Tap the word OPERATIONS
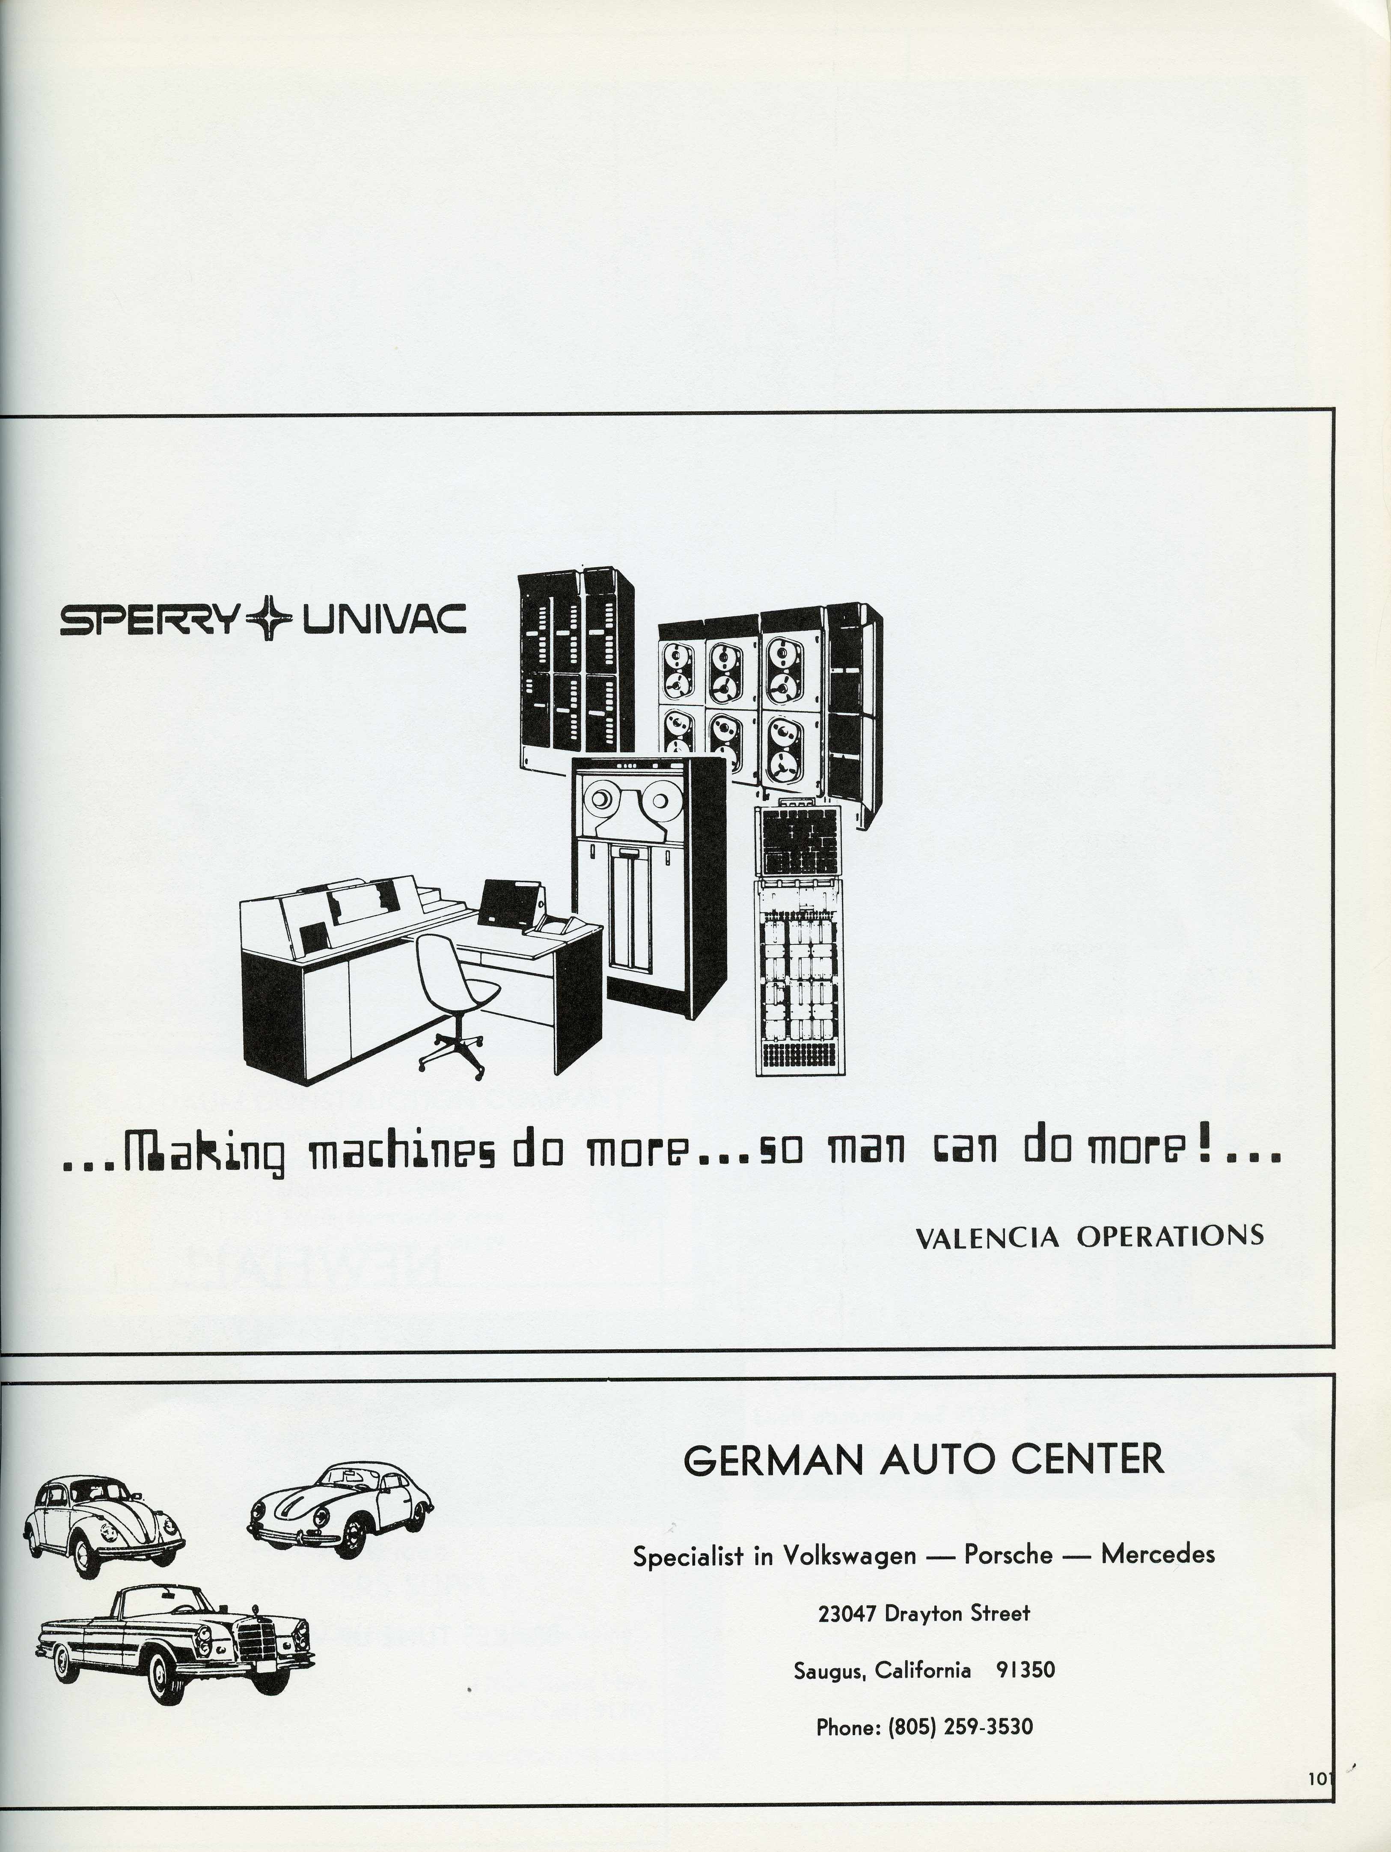1169,1236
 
